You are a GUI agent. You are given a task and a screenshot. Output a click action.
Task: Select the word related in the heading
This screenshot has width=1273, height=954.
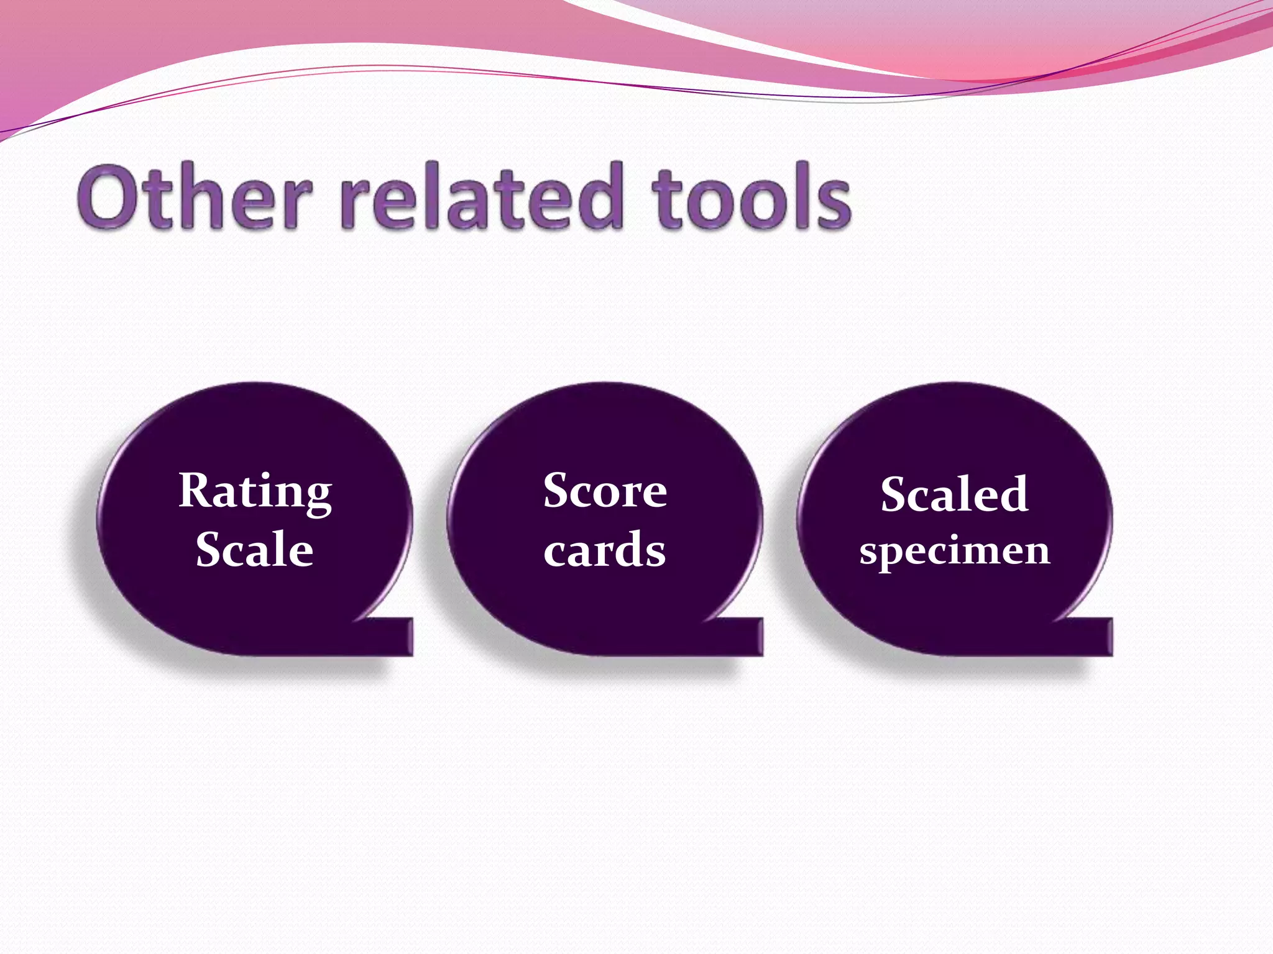[482, 198]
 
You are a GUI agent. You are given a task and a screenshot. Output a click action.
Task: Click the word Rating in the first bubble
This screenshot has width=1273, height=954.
[255, 491]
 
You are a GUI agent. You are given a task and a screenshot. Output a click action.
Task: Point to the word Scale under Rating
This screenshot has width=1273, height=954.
[254, 549]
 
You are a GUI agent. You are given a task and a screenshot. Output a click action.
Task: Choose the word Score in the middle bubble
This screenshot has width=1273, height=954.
[605, 491]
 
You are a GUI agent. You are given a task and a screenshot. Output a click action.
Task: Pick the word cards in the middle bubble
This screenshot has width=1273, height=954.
[604, 550]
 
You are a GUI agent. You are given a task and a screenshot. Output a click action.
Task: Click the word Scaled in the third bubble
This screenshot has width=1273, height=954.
[954, 494]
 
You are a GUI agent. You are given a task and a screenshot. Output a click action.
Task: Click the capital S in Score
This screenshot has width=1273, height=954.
[558, 491]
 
